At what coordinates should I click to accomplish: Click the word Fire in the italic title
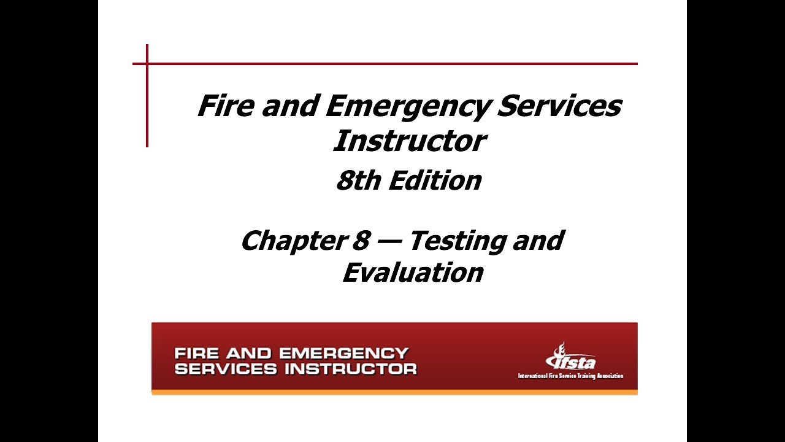click(x=225, y=106)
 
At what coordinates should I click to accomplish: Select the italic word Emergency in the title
click(x=406, y=107)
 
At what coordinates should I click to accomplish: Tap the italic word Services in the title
click(x=559, y=106)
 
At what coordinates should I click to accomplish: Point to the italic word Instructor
click(x=409, y=141)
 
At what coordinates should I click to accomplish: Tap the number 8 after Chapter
click(x=360, y=240)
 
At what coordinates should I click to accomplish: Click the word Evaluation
click(x=412, y=272)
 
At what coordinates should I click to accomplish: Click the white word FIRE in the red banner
click(x=197, y=354)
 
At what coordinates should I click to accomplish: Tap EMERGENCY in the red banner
click(x=343, y=354)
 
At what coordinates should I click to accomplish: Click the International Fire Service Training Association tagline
click(x=570, y=376)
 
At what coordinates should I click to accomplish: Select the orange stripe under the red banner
click(x=394, y=392)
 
